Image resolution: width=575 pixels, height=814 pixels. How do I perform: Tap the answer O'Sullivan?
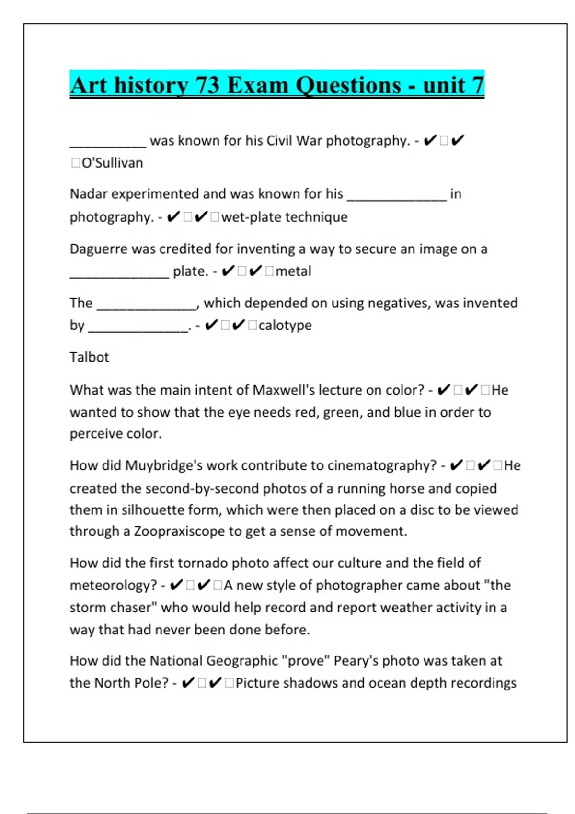[x=113, y=163]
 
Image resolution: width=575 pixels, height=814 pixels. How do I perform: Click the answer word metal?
[x=293, y=271]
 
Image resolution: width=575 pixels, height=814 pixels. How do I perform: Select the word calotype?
[x=285, y=325]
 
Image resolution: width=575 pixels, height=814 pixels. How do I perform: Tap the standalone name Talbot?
[x=90, y=357]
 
